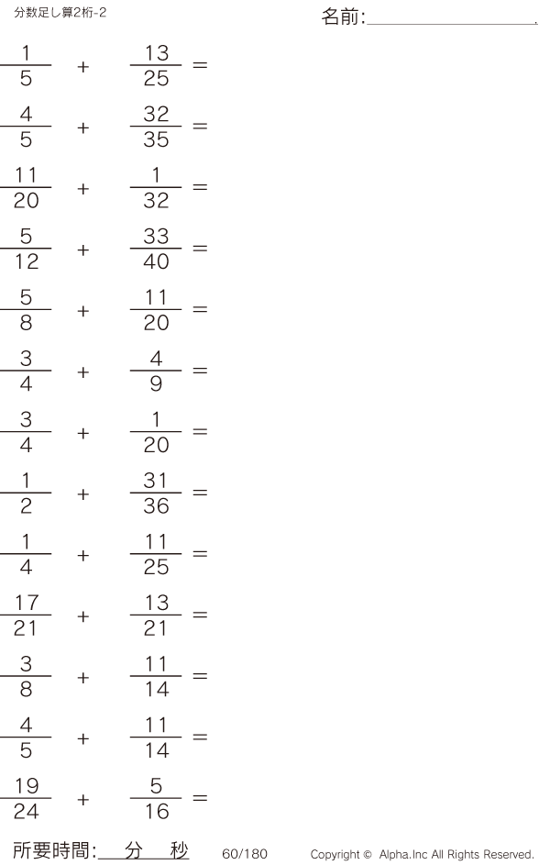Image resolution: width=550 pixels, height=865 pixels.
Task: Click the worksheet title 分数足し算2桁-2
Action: pyautogui.click(x=60, y=12)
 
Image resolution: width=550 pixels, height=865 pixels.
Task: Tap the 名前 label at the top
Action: pyautogui.click(x=342, y=17)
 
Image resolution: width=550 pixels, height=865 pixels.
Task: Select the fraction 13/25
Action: pyautogui.click(x=156, y=66)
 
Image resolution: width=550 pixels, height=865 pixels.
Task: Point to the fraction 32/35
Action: pyautogui.click(x=156, y=128)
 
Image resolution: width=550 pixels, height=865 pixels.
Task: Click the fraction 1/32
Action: pyautogui.click(x=156, y=188)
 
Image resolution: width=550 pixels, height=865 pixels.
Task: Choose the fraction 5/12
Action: pyautogui.click(x=26, y=250)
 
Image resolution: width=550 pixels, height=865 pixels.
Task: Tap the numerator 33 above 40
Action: pyautogui.click(x=156, y=237)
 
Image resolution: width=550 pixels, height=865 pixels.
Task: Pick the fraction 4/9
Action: pyautogui.click(x=156, y=372)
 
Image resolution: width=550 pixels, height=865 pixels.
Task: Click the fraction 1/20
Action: pyautogui.click(x=156, y=433)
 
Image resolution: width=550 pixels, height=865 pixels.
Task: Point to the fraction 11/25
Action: pyautogui.click(x=156, y=555)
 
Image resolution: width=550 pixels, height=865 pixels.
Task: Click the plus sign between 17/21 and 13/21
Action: pyautogui.click(x=83, y=616)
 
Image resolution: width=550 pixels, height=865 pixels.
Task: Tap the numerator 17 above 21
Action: pyautogui.click(x=26, y=604)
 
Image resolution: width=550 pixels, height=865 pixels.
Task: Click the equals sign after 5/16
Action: pyautogui.click(x=200, y=799)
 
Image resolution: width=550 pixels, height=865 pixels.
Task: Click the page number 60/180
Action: pyautogui.click(x=245, y=854)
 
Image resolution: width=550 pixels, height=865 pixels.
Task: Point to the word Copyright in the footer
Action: pyautogui.click(x=336, y=854)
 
